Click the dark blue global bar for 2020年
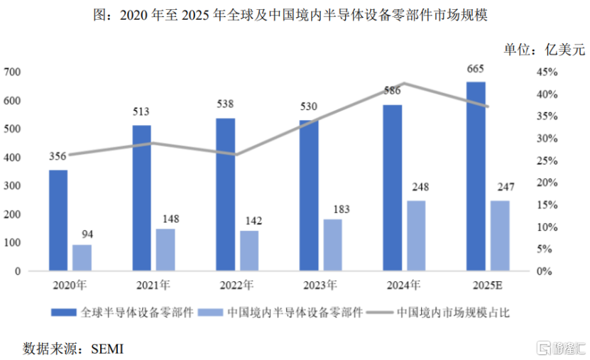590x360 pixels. click(59, 220)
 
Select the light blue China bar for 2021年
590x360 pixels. click(165, 250)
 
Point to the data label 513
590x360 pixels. click(142, 111)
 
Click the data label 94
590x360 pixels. click(82, 233)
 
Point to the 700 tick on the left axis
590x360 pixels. click(12, 72)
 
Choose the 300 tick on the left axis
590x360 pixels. click(12, 186)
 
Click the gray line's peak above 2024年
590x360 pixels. click(403, 83)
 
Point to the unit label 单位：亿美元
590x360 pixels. click(544, 49)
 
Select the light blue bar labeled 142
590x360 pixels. click(249, 251)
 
